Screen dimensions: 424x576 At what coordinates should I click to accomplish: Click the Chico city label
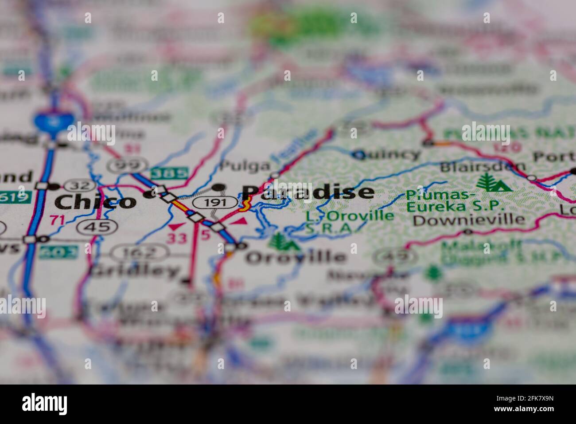pyautogui.click(x=95, y=202)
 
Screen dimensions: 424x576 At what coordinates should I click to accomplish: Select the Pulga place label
pyautogui.click(x=245, y=166)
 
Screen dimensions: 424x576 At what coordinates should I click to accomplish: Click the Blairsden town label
pyautogui.click(x=483, y=168)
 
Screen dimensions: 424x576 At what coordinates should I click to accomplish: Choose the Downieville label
pyautogui.click(x=469, y=220)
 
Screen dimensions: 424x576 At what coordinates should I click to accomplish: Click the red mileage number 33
pyautogui.click(x=176, y=238)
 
